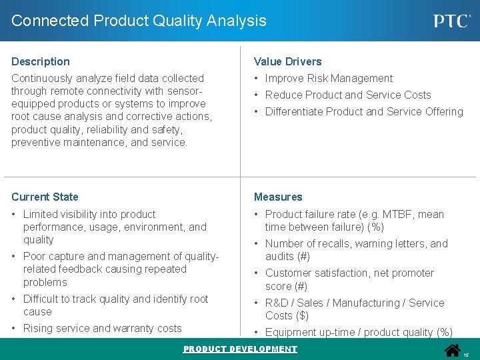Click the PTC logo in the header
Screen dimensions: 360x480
point(452,21)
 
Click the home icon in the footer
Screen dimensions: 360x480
point(453,350)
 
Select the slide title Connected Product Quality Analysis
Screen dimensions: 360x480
point(139,21)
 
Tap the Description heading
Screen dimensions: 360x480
point(41,61)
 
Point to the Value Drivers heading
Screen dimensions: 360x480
point(287,61)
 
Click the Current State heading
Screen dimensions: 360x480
point(45,197)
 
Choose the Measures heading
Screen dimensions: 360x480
point(278,197)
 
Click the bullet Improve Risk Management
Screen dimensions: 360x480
point(329,78)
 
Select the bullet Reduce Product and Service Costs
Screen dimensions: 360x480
point(348,95)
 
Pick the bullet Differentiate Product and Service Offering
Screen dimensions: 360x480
point(364,111)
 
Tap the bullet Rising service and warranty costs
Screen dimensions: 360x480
point(102,328)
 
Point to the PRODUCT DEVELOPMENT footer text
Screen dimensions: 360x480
point(240,349)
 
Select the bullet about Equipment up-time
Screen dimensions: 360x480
point(359,332)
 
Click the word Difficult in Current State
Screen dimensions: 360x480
point(43,299)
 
